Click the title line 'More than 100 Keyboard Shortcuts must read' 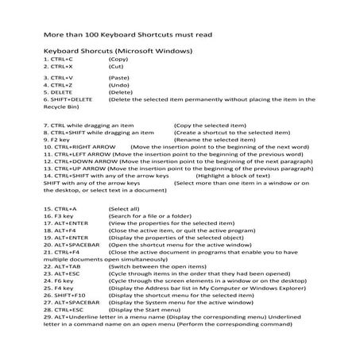coord(126,36)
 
